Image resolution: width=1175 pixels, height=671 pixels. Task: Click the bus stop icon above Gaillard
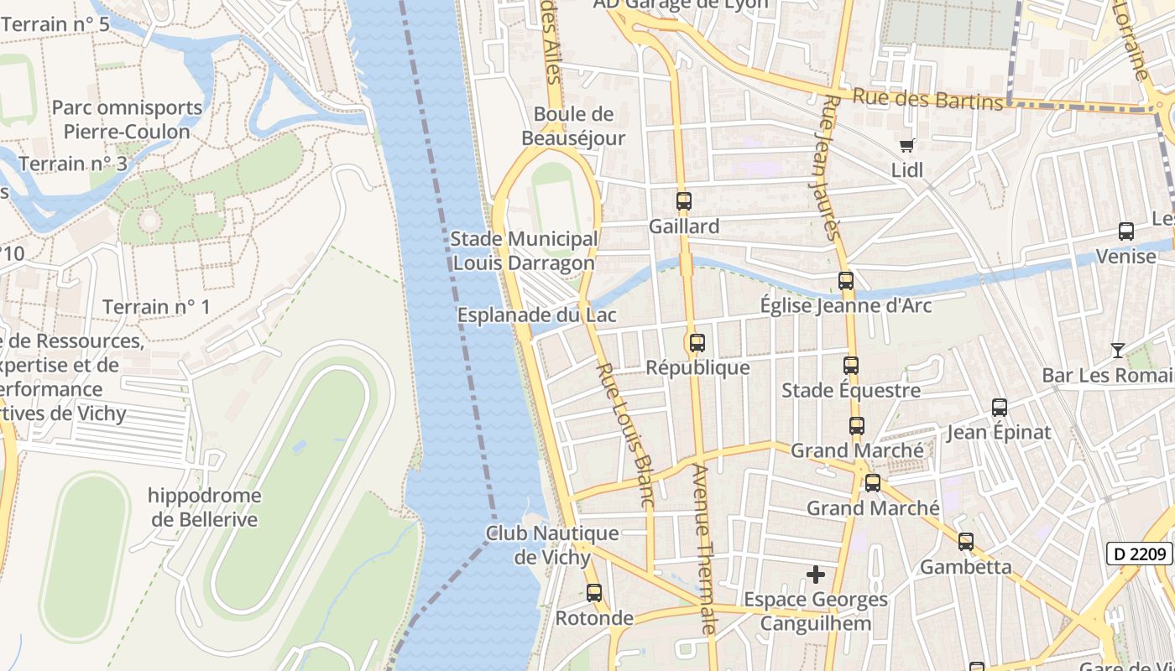[x=684, y=201]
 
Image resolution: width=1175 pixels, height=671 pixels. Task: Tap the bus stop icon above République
[x=697, y=343]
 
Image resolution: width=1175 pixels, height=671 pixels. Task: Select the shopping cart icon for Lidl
[x=906, y=146]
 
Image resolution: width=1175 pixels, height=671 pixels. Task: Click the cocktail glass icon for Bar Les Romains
[x=1117, y=350]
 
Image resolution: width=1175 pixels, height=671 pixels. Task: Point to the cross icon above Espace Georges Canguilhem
[x=816, y=575]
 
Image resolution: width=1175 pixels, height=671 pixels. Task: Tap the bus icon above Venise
[x=1126, y=231]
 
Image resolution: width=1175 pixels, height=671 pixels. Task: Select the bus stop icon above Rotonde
[x=594, y=593]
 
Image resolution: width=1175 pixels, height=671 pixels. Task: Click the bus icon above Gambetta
[x=966, y=542]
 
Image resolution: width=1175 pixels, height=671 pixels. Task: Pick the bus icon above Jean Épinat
[x=1000, y=408]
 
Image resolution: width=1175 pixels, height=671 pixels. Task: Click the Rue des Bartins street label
[x=927, y=98]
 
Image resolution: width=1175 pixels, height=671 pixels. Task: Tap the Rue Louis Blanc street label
[x=624, y=434]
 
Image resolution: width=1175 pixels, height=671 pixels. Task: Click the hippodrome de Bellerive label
[x=205, y=507]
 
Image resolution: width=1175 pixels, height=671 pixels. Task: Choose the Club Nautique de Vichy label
[x=553, y=545]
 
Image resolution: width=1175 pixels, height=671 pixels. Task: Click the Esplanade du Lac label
[x=537, y=315]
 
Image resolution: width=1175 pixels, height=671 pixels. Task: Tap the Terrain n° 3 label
[x=73, y=164]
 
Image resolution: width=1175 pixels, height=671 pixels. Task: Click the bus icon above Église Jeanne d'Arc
[x=846, y=281]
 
